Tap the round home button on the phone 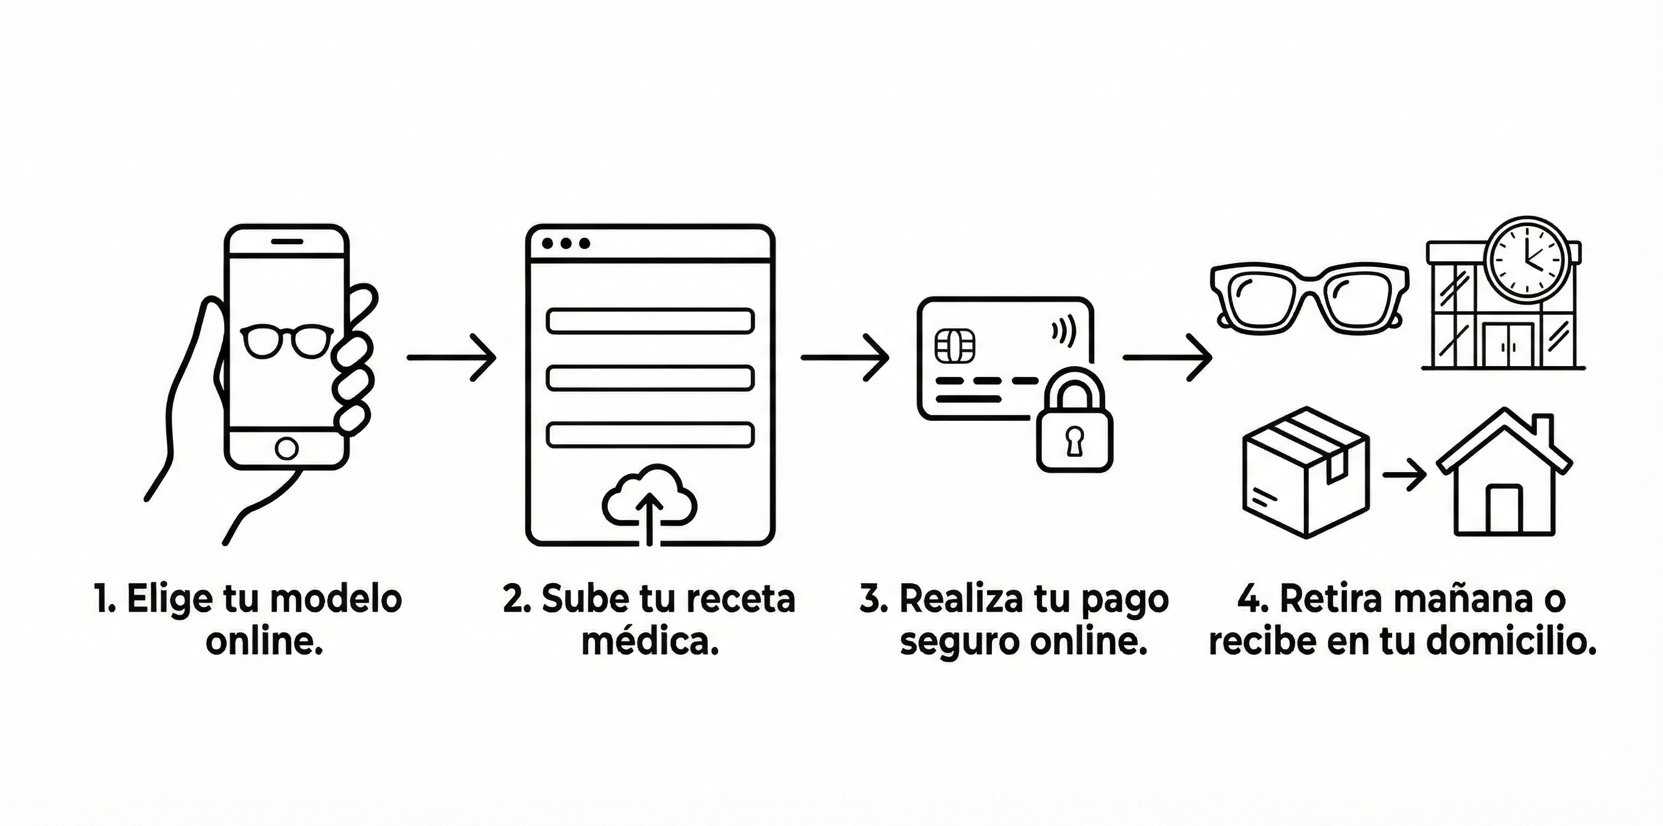[287, 448]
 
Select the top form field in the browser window [650, 321]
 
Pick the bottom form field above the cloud [650, 435]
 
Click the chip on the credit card [955, 346]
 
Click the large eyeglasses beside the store [1308, 298]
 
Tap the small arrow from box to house [1405, 476]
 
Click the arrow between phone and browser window [451, 357]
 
